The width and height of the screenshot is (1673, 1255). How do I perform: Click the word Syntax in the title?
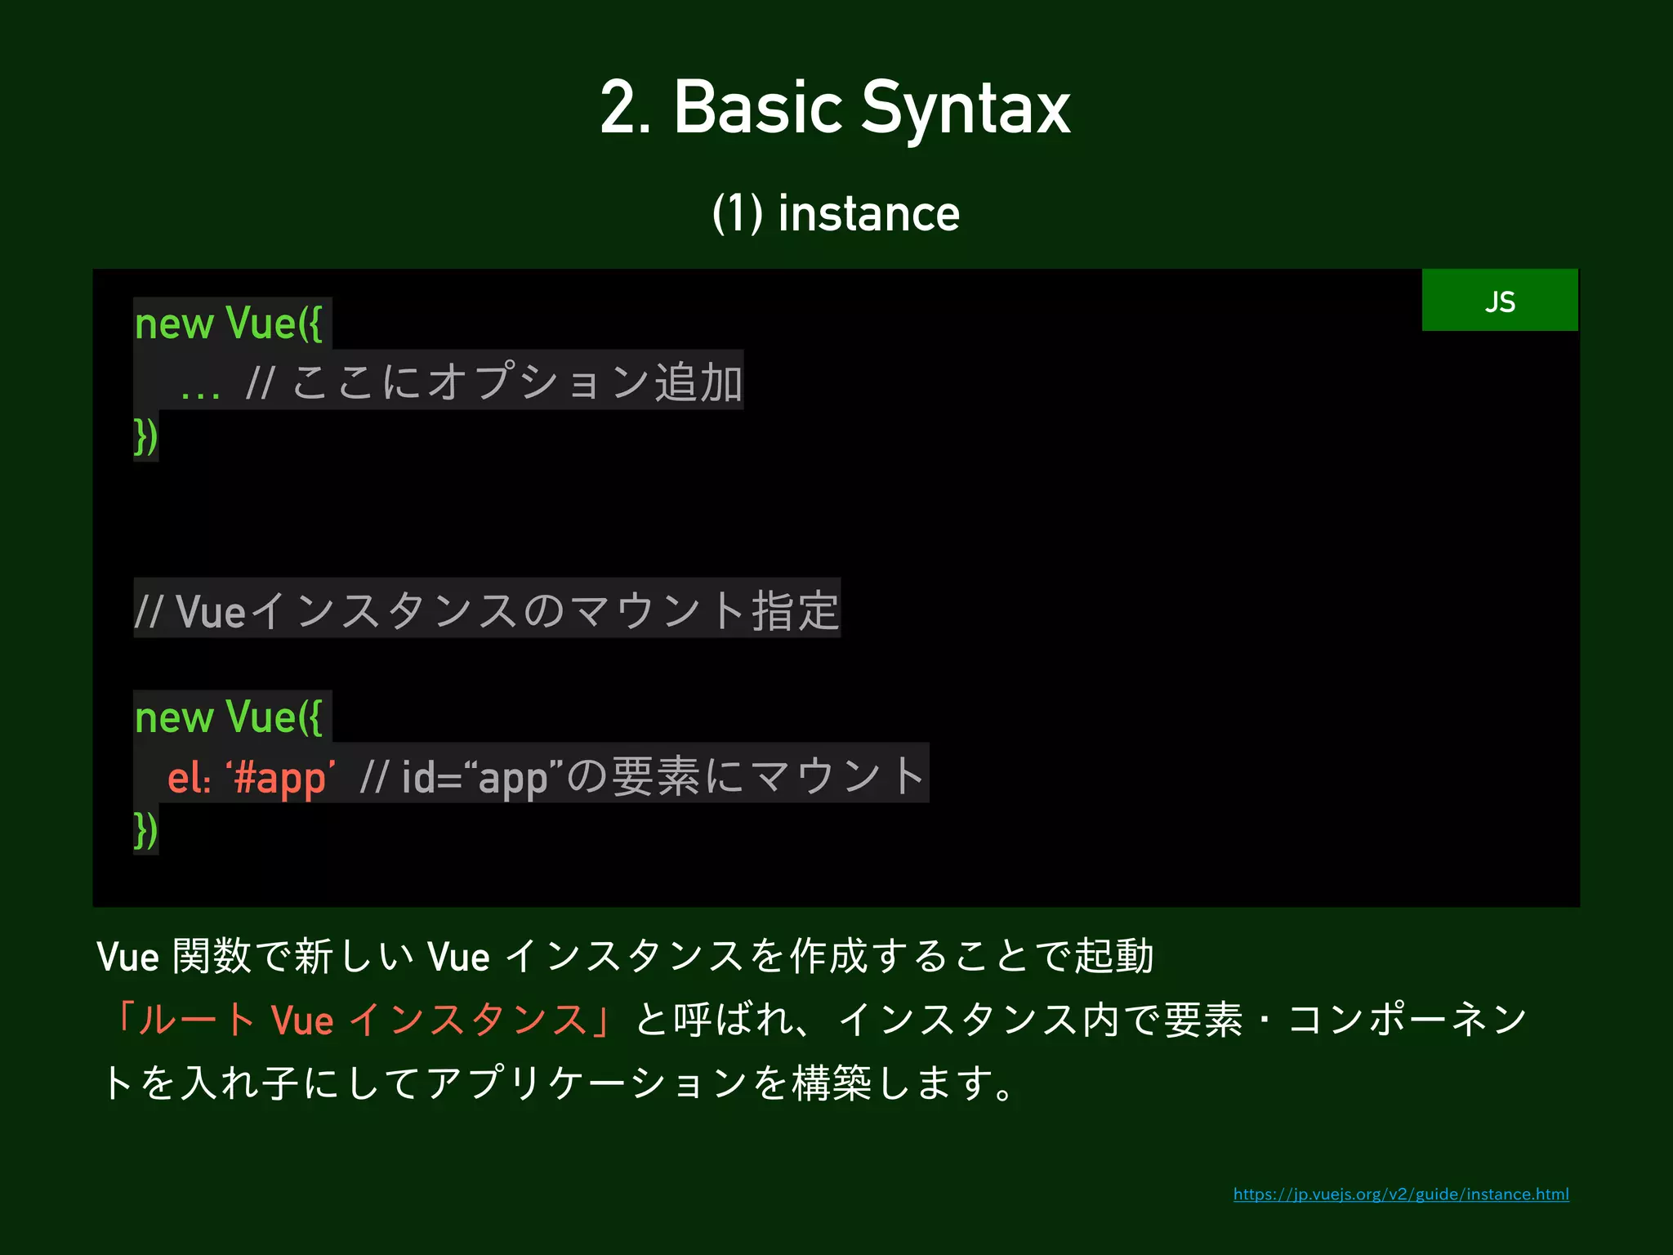(965, 109)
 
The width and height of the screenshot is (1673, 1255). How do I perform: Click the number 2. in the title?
(625, 109)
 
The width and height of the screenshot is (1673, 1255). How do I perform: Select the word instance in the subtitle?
(868, 214)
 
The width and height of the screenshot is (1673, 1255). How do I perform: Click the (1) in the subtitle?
(737, 214)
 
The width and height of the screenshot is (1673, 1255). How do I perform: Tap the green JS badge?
(1499, 301)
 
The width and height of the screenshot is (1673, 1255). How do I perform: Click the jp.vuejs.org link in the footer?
(1400, 1195)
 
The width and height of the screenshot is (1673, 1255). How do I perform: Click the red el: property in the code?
(189, 776)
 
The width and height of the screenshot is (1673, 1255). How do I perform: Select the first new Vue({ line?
(229, 324)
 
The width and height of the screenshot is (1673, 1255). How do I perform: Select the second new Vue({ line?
(229, 717)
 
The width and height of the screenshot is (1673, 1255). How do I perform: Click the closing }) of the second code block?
(145, 830)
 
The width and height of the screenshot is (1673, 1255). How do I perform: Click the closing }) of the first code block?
(145, 436)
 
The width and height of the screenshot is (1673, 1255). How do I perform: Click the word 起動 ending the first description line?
(1113, 956)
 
